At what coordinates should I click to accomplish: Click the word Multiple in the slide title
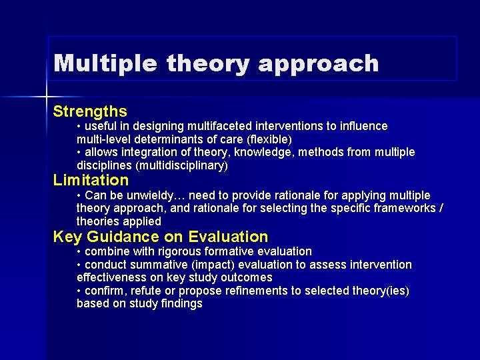click(x=105, y=63)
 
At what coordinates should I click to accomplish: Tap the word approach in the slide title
click(x=318, y=65)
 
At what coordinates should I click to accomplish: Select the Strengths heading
click(x=90, y=111)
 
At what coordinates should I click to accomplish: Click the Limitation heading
click(x=91, y=180)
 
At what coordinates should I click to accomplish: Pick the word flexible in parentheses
click(x=269, y=139)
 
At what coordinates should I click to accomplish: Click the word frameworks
click(x=407, y=208)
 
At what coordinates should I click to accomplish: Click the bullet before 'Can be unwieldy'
click(x=79, y=195)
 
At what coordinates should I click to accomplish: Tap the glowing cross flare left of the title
click(x=47, y=97)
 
